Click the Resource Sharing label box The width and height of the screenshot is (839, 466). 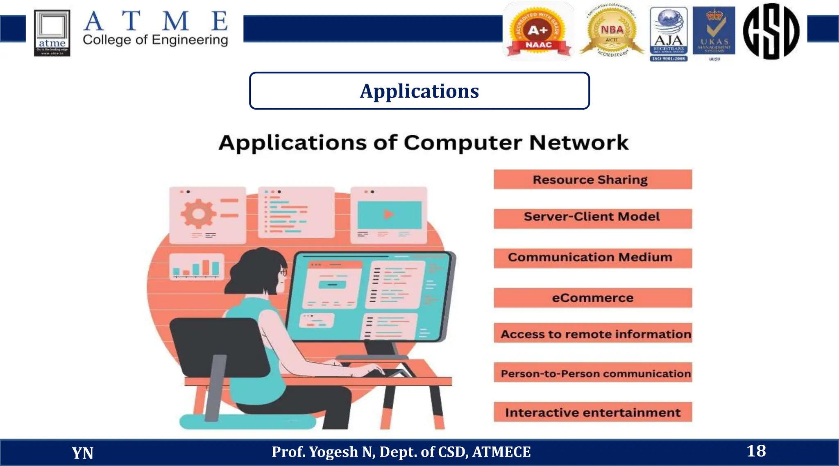[x=592, y=179]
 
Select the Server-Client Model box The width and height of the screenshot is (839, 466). [x=592, y=218]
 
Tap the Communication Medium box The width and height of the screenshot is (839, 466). [x=592, y=258]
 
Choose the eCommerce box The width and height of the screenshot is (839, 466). [x=592, y=298]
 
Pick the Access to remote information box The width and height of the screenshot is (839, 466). [x=592, y=334]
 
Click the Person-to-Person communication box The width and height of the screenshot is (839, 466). [x=592, y=373]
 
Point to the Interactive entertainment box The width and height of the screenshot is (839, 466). [x=592, y=412]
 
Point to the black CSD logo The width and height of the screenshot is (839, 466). [x=771, y=32]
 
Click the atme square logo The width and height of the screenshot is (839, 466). [x=52, y=33]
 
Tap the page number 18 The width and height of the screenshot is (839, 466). [x=756, y=451]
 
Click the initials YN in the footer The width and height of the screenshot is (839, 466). [x=82, y=453]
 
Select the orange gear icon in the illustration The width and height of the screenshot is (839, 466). [x=198, y=213]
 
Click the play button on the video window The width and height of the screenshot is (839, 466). [x=388, y=214]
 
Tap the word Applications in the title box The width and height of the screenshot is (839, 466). [x=419, y=91]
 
